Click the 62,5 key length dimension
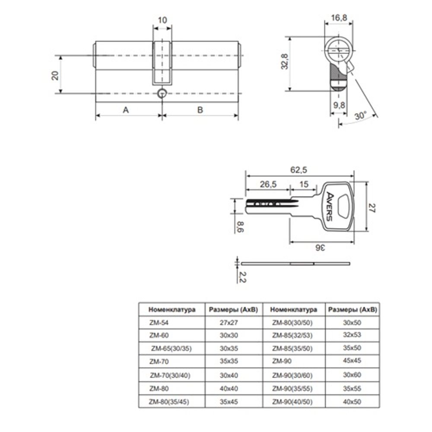299,170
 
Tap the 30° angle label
361,115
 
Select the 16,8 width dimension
339,18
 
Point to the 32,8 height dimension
285,61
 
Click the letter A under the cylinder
126,110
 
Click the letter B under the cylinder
200,110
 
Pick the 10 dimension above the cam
162,20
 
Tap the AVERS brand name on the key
330,206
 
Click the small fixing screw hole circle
162,93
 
